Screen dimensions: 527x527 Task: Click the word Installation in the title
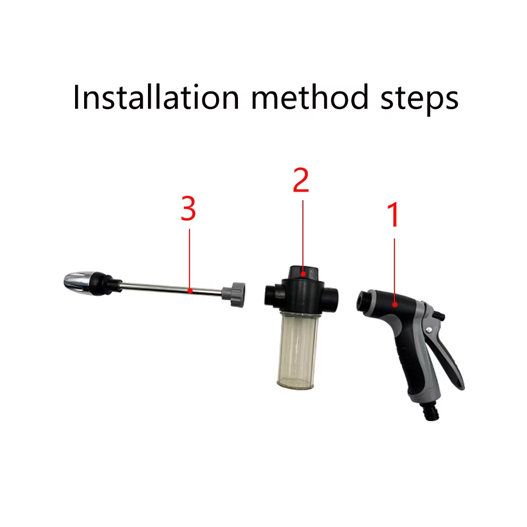156,97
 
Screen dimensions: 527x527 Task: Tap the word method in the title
310,97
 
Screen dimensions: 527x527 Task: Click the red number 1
392,215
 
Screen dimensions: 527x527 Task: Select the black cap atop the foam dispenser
303,273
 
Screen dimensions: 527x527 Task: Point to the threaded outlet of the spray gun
363,300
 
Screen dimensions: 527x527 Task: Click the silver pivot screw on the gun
429,330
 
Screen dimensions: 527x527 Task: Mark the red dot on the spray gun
395,304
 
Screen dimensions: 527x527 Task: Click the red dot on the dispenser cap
303,274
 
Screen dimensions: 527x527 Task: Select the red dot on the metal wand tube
190,291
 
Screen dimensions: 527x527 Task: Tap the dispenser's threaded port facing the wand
271,295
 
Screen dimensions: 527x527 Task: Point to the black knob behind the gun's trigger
440,316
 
